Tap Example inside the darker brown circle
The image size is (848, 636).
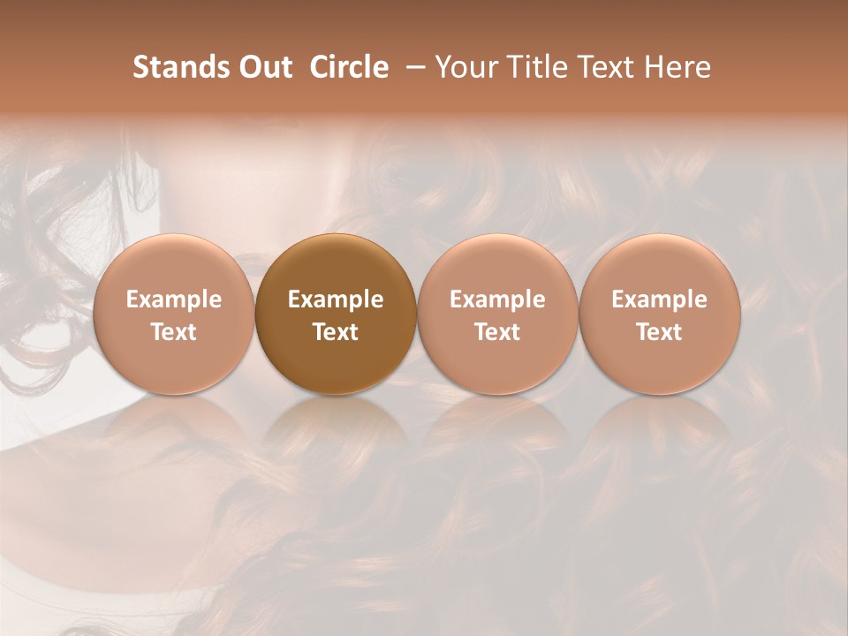pos(336,299)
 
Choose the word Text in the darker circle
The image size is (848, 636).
pos(336,332)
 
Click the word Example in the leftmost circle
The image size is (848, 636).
pos(174,299)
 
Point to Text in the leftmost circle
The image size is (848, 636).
pos(174,332)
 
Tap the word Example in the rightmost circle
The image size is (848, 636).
pos(660,299)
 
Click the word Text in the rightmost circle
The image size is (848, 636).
pos(660,332)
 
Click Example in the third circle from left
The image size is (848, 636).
pos(498,299)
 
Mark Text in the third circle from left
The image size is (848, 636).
pos(498,332)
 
